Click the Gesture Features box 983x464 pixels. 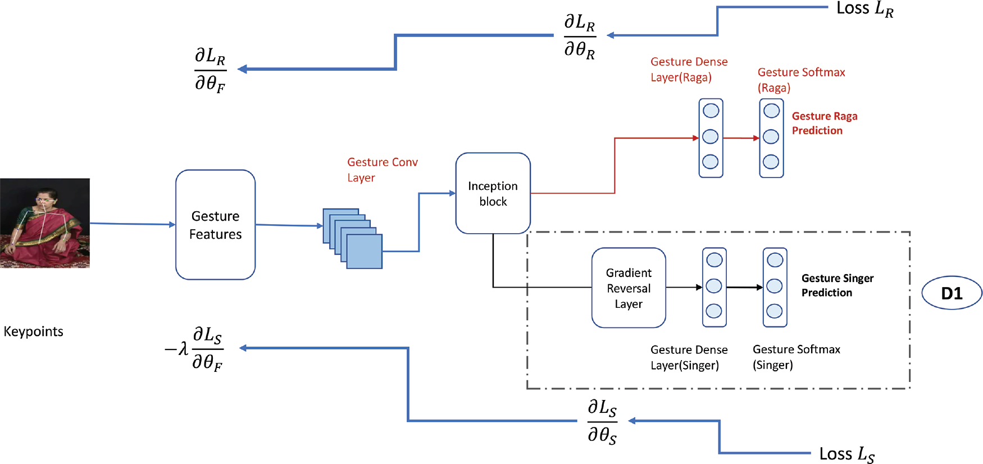pos(215,225)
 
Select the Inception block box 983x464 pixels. pos(493,193)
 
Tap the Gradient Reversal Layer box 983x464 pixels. pos(629,288)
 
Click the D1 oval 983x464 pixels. pos(952,293)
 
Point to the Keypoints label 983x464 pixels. pos(33,331)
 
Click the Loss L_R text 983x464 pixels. pos(864,9)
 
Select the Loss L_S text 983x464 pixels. pos(847,454)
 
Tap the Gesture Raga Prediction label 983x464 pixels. pos(824,123)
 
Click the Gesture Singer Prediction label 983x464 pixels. pos(837,285)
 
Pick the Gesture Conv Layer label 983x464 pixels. pos(382,170)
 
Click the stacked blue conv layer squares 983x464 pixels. pos(353,238)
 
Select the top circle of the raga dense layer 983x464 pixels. pos(711,111)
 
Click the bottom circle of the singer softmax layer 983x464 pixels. pos(775,311)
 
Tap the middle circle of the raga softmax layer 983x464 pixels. pos(771,137)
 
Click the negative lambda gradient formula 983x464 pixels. pos(194,349)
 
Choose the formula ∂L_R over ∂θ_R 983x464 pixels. pos(580,37)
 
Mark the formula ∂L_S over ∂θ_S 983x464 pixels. pos(602,421)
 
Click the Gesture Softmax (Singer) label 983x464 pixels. pos(796,357)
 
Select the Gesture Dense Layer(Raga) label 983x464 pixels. pos(689,70)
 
